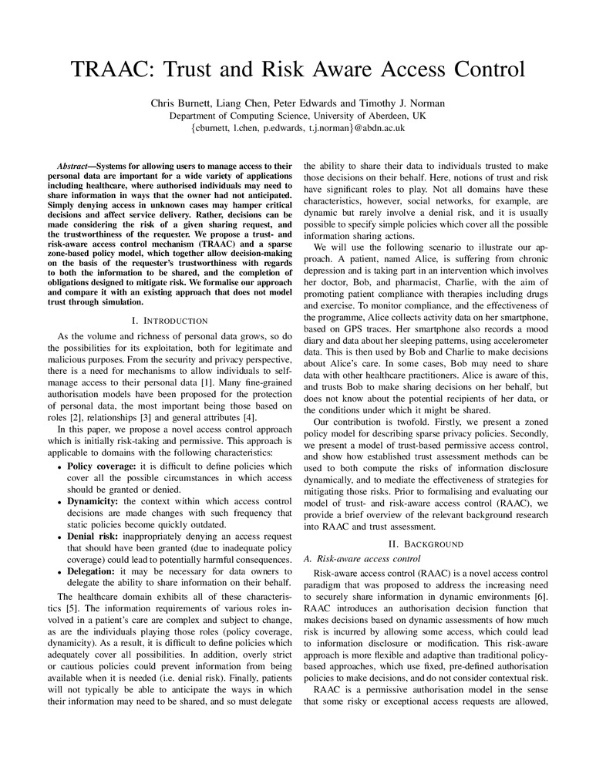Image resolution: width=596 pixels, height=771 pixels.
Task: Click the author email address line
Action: coord(298,128)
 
